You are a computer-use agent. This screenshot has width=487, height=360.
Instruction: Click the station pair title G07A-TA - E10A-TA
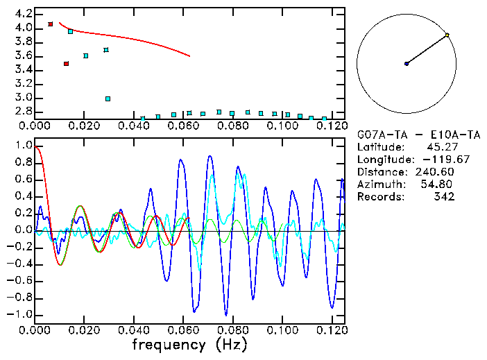(409, 135)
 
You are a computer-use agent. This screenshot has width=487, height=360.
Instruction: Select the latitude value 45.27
(440, 147)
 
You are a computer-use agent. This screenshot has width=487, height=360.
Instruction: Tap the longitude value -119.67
(434, 160)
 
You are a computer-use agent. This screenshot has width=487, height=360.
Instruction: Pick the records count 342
(444, 197)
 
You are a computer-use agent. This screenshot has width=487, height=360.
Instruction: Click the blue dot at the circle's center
(407, 64)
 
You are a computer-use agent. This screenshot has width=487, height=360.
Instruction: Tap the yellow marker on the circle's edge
(447, 35)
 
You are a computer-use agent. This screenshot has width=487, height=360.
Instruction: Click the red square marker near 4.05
(51, 24)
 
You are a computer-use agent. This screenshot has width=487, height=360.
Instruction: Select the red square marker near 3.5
(66, 64)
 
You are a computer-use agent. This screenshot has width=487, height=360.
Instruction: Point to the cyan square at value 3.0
(108, 98)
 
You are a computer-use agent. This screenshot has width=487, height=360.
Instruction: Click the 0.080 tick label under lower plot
(232, 329)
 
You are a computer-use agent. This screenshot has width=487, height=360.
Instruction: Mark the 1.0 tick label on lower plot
(24, 146)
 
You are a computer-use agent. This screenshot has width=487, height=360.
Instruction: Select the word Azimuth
(379, 185)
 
